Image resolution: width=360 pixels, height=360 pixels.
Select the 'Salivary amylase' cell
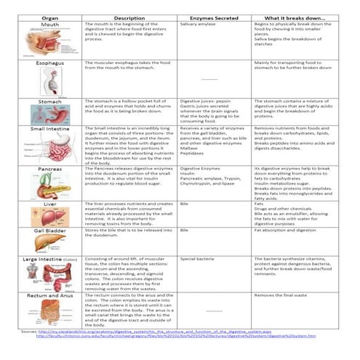tap(198, 24)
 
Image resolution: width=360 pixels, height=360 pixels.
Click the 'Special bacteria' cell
tap(197, 258)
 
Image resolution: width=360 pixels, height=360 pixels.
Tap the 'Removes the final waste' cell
tap(284, 296)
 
